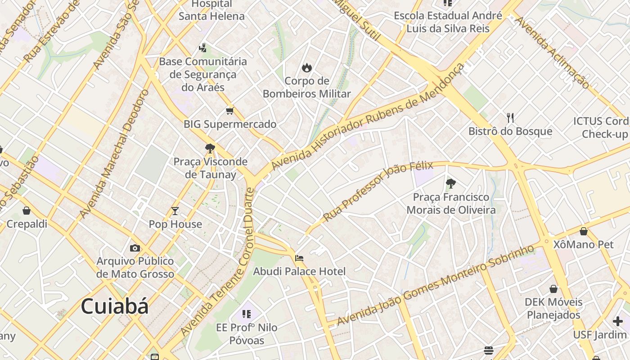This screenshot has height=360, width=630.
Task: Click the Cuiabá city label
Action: tap(114, 307)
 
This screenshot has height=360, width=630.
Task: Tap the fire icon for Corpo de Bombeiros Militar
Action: tap(307, 68)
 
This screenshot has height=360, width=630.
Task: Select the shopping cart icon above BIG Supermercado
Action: tap(230, 111)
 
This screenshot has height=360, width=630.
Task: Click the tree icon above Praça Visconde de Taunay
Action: tap(210, 148)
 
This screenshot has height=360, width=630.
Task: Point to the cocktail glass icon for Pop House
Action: tap(175, 211)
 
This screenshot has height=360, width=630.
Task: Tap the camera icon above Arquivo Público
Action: tap(135, 248)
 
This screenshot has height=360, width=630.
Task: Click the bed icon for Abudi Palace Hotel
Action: tap(299, 258)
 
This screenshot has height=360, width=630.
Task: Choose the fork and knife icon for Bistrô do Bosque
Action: tap(510, 118)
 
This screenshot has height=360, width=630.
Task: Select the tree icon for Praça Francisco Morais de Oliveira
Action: tap(451, 183)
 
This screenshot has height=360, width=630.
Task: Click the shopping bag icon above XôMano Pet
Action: tap(584, 231)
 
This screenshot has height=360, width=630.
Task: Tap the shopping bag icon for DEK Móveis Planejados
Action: tap(553, 288)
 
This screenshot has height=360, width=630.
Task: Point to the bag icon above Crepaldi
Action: tap(27, 211)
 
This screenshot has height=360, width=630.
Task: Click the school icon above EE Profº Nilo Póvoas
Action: tap(247, 314)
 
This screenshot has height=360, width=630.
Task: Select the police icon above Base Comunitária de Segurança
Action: tap(203, 48)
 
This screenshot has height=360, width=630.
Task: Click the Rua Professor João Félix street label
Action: tap(378, 191)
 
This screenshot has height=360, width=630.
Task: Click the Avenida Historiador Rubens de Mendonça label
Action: tap(367, 118)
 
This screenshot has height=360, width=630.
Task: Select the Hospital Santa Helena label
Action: tap(211, 10)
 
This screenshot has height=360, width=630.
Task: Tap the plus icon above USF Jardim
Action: tap(618, 321)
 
